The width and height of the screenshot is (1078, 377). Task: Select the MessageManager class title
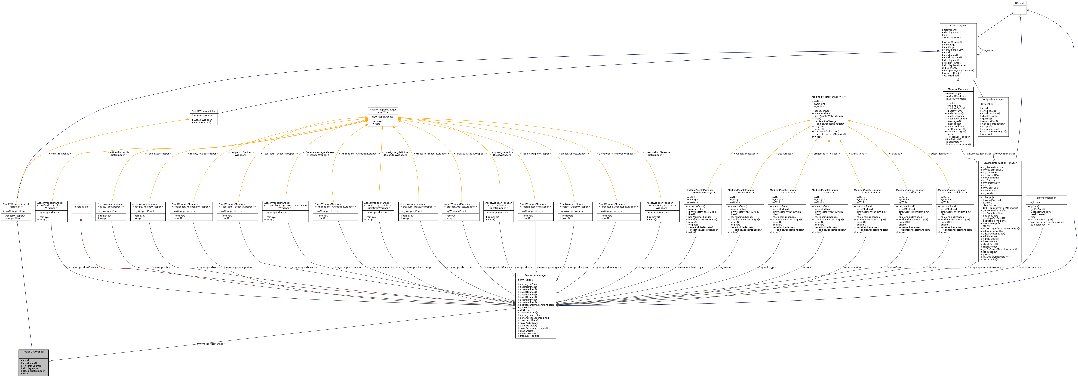pyautogui.click(x=958, y=89)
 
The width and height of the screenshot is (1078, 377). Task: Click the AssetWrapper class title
pyautogui.click(x=958, y=26)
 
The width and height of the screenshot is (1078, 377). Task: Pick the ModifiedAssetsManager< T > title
pyautogui.click(x=829, y=97)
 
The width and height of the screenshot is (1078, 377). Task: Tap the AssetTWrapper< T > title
pyautogui.click(x=203, y=111)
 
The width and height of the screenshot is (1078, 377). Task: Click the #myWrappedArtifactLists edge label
pyautogui.click(x=84, y=267)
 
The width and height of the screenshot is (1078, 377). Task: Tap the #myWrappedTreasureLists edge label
pyautogui.click(x=654, y=267)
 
